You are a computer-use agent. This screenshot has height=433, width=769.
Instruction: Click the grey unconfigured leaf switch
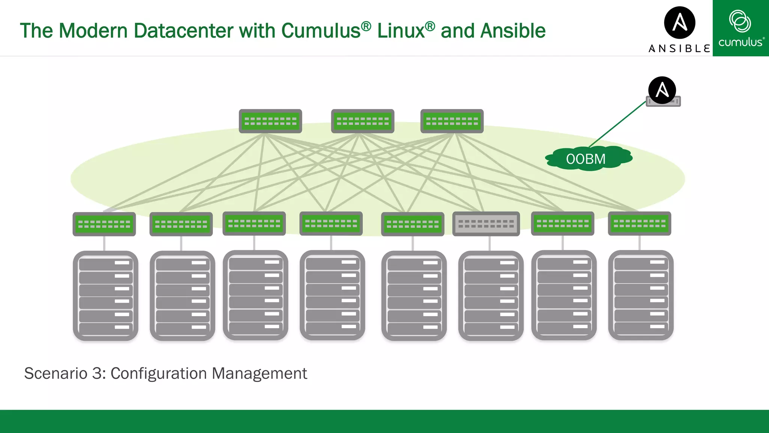coord(486,224)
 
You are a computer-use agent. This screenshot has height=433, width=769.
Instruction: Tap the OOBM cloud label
coord(586,159)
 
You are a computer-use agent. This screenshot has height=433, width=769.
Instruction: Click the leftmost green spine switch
coord(270,121)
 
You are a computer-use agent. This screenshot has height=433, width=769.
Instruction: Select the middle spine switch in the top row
coord(362,121)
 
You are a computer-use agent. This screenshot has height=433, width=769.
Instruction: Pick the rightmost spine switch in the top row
coord(452,121)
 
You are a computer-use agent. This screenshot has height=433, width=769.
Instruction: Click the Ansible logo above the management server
coord(662,90)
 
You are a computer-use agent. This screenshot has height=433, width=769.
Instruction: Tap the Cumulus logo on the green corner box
coord(740,28)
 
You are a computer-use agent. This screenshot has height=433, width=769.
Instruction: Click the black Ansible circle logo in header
coord(680,23)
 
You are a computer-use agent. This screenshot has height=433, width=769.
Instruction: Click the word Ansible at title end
coord(513,31)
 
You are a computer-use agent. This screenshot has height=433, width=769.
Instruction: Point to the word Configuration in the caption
coord(158,374)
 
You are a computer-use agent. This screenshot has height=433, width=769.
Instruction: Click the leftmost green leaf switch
coord(104,224)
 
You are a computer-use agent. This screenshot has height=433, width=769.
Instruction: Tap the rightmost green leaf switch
coord(639,224)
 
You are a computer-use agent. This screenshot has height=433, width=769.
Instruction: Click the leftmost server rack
coord(106,296)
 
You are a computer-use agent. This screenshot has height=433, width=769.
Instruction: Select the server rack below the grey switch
coord(491,296)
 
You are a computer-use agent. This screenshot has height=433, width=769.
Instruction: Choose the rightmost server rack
coord(641,296)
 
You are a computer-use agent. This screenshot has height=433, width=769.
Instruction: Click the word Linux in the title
coord(401,31)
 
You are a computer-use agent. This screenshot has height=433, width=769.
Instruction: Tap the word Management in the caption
coord(259,374)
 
